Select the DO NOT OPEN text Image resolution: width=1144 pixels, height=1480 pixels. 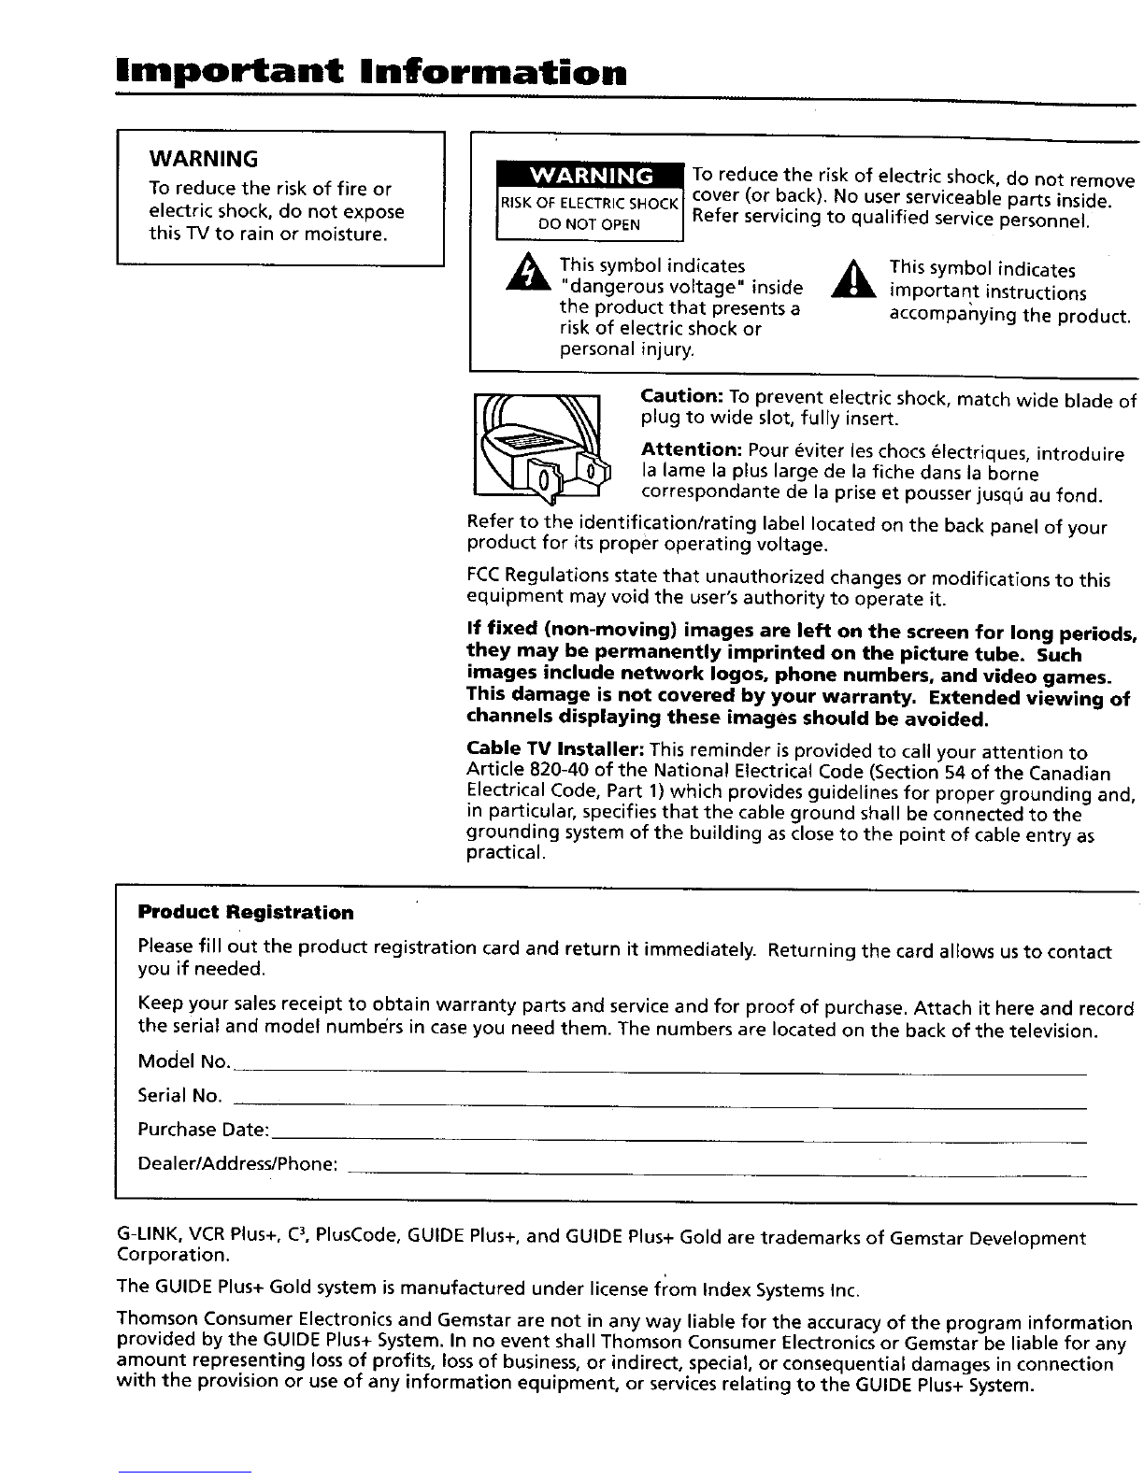[590, 224]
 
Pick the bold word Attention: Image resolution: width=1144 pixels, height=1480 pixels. [692, 449]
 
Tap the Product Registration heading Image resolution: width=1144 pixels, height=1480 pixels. [246, 912]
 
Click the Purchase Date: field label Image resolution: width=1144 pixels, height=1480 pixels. [203, 1130]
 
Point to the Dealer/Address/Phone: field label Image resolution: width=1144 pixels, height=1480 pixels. [237, 1164]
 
